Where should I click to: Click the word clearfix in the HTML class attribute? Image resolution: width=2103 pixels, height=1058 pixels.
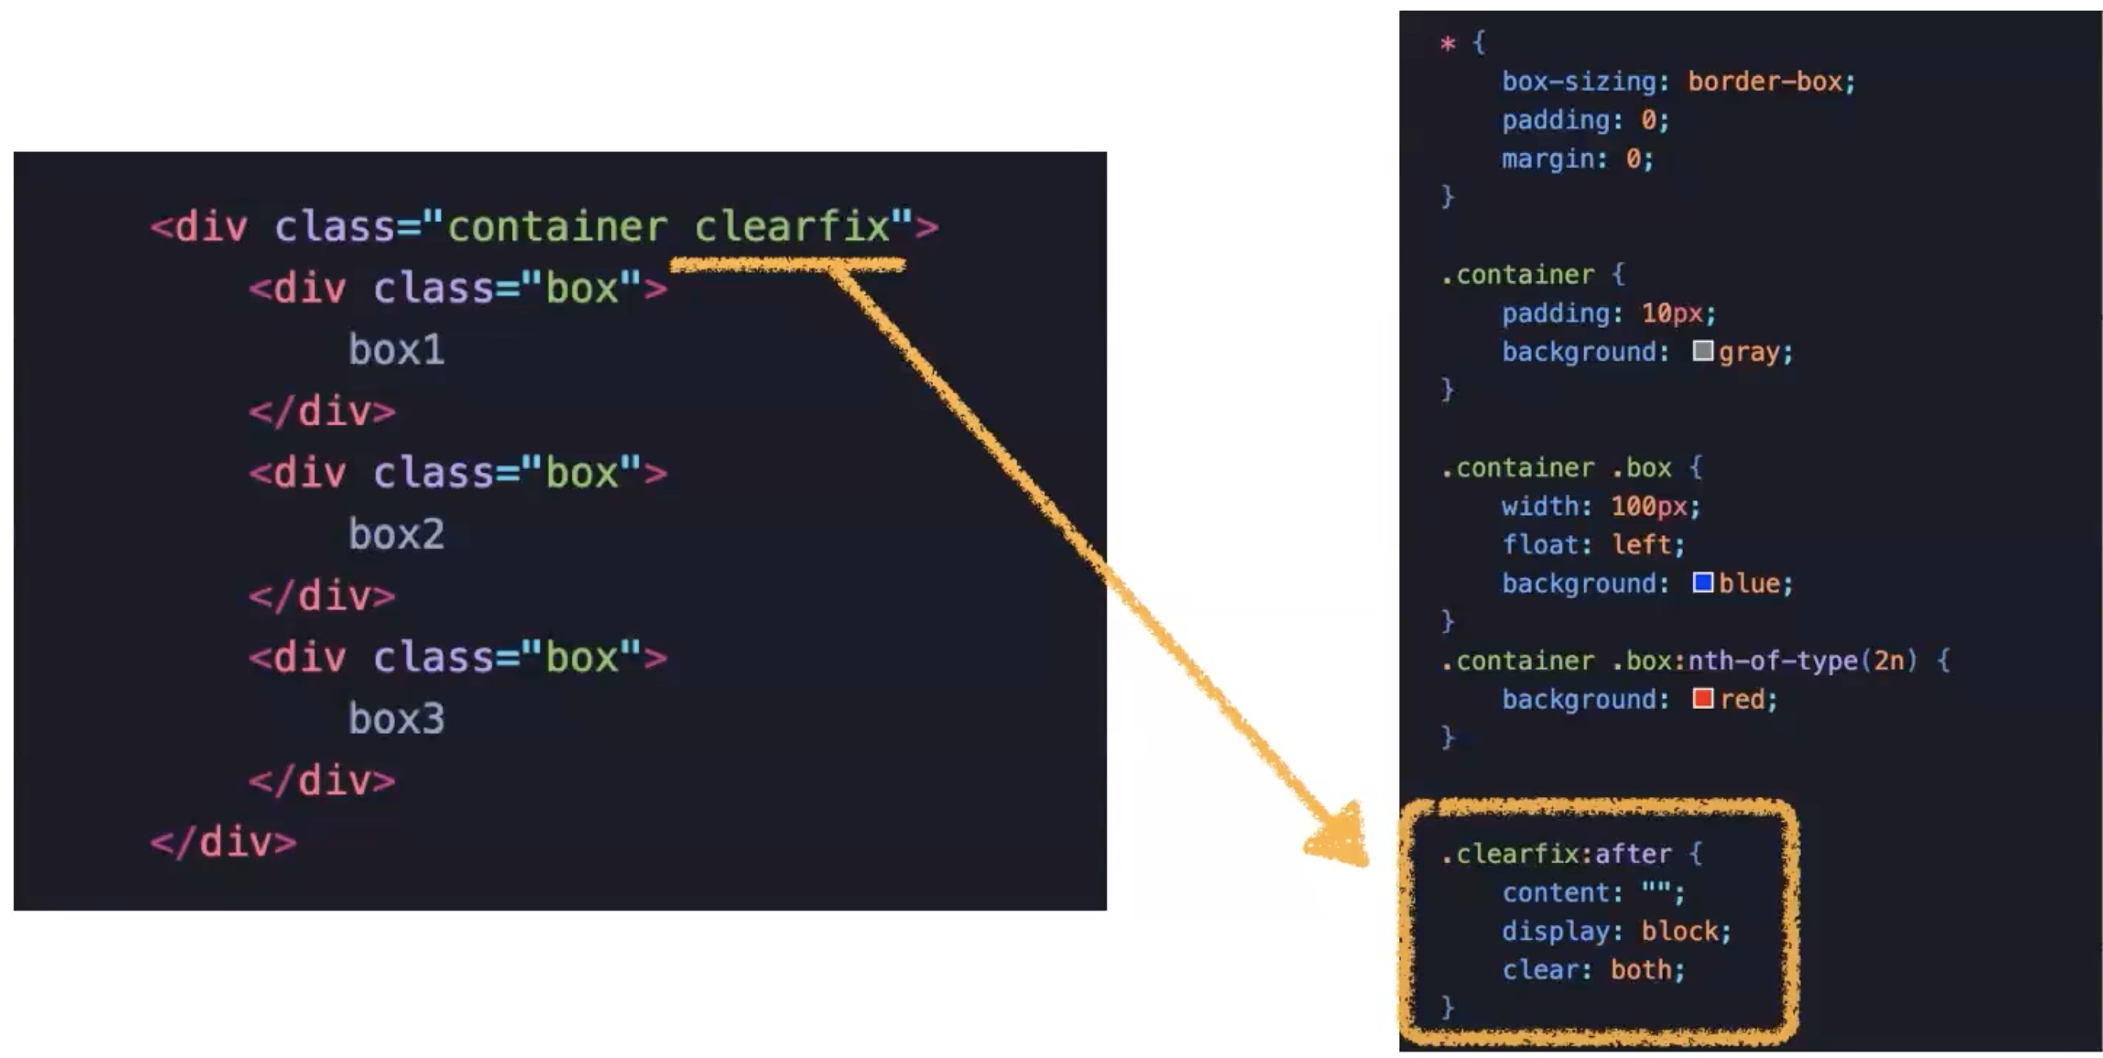pyautogui.click(x=791, y=226)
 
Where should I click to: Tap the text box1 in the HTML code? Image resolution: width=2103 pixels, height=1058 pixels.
pyautogui.click(x=396, y=351)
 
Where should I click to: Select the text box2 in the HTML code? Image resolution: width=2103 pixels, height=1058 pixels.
pyautogui.click(x=396, y=534)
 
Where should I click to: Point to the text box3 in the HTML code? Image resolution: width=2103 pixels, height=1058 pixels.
pyautogui.click(x=396, y=719)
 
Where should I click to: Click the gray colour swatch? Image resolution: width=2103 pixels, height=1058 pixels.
pyautogui.click(x=1702, y=351)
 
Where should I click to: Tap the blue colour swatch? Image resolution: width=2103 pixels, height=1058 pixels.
pyautogui.click(x=1702, y=583)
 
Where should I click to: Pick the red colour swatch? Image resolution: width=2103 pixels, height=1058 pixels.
pyautogui.click(x=1702, y=699)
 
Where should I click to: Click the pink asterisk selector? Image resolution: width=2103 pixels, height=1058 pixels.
pyautogui.click(x=1447, y=44)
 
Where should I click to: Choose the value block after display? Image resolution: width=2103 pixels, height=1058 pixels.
pyautogui.click(x=1680, y=932)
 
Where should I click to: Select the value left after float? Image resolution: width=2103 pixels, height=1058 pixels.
pyautogui.click(x=1641, y=545)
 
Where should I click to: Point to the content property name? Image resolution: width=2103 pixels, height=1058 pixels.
pyautogui.click(x=1556, y=893)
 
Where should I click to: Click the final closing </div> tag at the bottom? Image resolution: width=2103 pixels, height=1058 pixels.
pyautogui.click(x=224, y=842)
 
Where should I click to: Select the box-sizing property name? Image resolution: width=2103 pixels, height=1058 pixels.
pyautogui.click(x=1579, y=82)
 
